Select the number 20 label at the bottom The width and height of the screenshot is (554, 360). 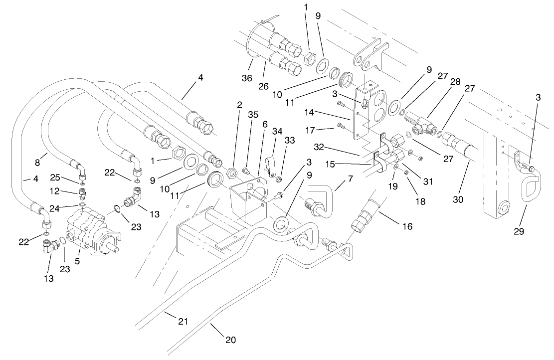[230, 340]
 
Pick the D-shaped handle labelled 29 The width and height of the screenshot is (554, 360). [530, 192]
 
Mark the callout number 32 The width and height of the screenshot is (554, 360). [321, 148]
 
